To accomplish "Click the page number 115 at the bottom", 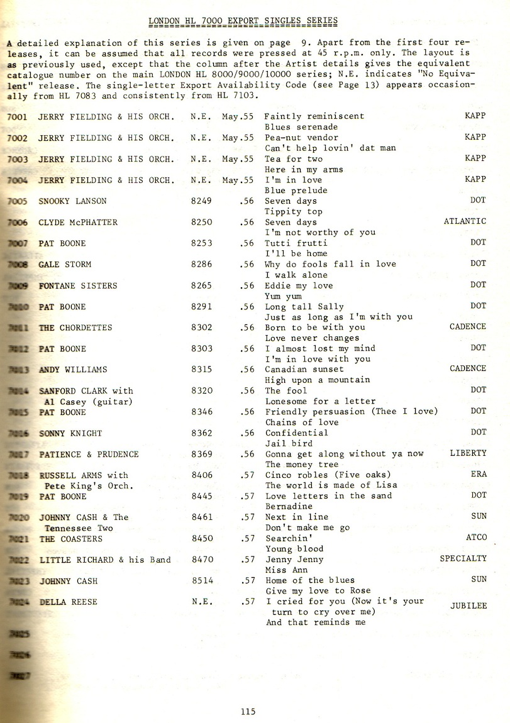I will coord(247,712).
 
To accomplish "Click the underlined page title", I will coord(243,21).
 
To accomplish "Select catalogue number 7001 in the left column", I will coord(17,117).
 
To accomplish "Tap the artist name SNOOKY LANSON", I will coord(72,201).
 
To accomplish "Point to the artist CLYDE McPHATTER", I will coord(78,222).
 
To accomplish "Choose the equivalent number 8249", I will coord(201,201).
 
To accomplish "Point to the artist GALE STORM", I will coord(65,264).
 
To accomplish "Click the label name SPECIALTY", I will coord(463,558).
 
